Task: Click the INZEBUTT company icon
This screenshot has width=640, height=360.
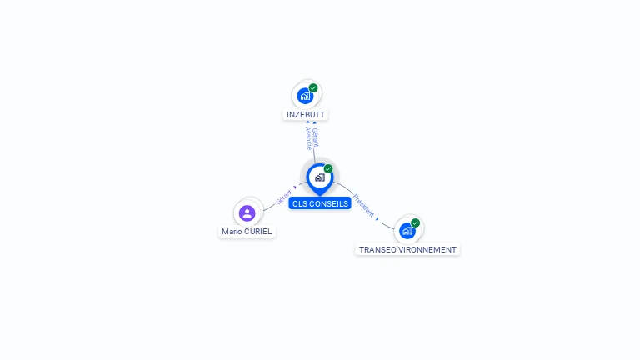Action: coord(305,96)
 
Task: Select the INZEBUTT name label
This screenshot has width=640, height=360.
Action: coord(306,114)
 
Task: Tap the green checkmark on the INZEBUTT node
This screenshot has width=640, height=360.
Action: coord(313,87)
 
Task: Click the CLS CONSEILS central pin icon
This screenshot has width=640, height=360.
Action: coord(319,177)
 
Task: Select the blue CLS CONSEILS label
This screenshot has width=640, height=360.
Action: coord(320,203)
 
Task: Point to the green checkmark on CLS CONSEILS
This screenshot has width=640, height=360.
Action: coord(328,168)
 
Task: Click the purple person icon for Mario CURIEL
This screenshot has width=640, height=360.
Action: coord(247,212)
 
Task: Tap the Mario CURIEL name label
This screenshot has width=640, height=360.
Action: coord(247,231)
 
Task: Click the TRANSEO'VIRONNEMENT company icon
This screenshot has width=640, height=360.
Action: coord(407,231)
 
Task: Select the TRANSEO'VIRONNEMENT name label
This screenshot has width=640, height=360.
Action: coord(407,249)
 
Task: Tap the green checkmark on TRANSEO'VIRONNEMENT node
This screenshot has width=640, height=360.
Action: coord(415,222)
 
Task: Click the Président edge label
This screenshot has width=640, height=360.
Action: coord(364,205)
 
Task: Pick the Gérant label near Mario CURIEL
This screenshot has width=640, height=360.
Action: coord(284,197)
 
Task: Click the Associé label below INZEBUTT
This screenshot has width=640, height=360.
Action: coord(308,138)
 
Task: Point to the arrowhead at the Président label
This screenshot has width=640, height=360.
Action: coord(377,218)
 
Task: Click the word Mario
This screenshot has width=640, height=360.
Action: coord(231,231)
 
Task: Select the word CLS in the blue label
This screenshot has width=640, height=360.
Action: coord(299,203)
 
